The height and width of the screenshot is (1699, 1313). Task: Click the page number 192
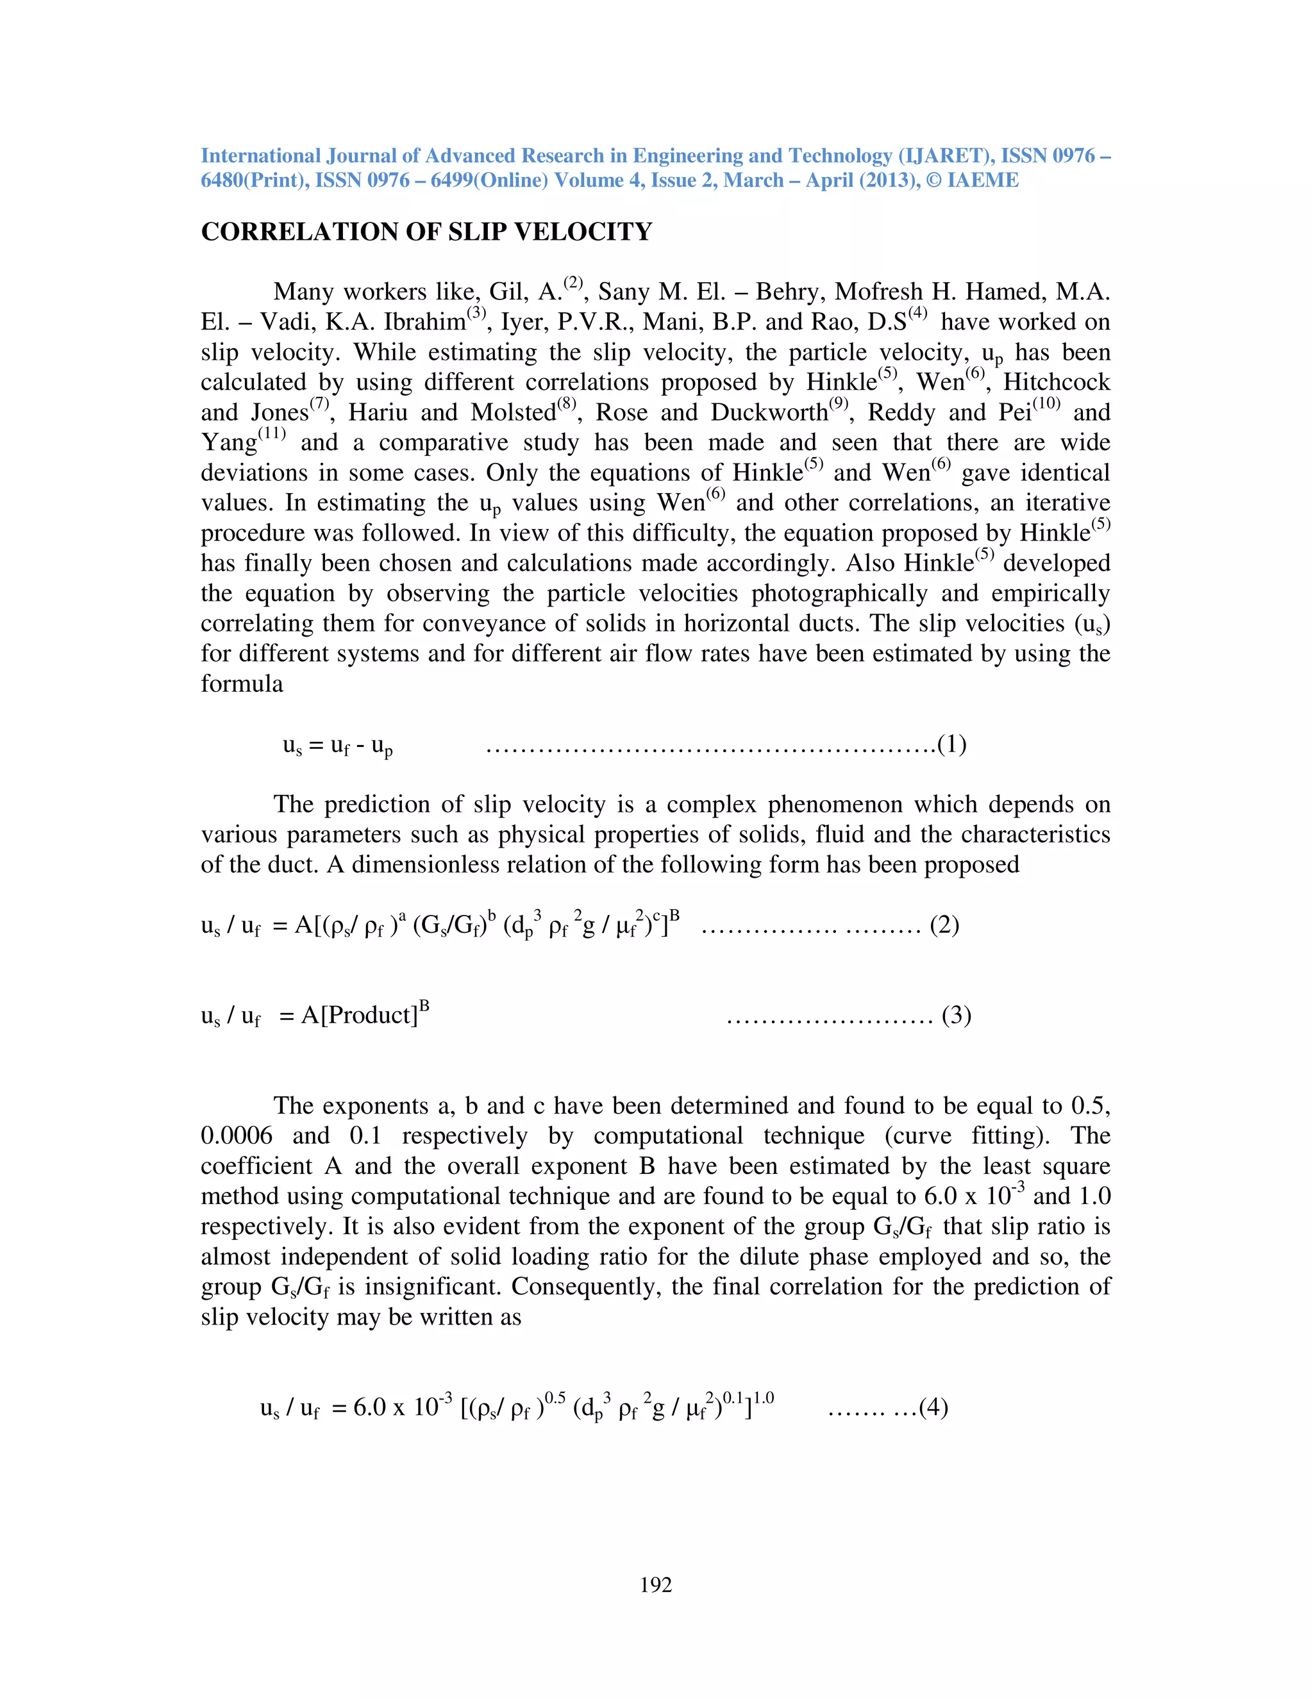656,1585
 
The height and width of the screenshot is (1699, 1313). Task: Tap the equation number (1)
952,744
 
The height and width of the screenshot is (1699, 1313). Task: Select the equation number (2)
944,925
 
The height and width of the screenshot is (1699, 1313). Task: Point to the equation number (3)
956,1015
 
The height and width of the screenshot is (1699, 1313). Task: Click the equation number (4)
933,1407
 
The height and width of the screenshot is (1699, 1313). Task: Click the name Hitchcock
1057,382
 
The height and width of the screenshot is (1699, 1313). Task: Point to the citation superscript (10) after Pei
1046,404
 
